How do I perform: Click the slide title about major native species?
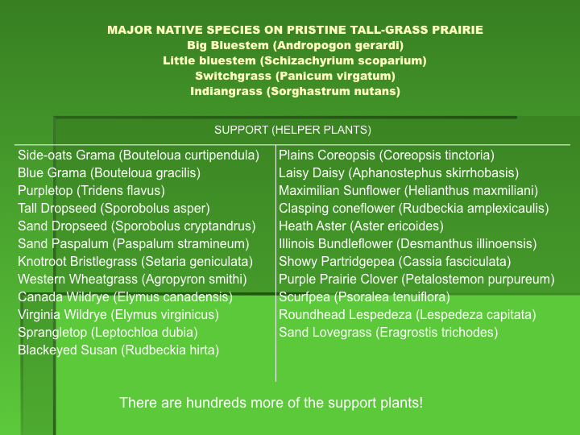(x=295, y=30)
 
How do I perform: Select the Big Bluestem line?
(x=295, y=45)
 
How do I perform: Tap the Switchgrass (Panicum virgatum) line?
(x=295, y=76)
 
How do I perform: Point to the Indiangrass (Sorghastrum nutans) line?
(x=295, y=91)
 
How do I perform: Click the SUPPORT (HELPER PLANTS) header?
(x=292, y=130)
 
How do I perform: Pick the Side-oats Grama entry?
(x=139, y=155)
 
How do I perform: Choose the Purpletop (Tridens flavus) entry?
(x=91, y=191)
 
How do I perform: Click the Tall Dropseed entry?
(x=114, y=209)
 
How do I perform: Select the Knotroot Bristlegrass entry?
(x=135, y=262)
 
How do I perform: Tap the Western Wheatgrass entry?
(x=132, y=280)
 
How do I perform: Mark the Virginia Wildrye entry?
(x=118, y=315)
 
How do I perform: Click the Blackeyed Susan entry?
(x=118, y=350)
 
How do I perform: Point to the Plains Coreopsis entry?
(x=387, y=155)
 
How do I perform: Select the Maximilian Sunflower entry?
(x=408, y=190)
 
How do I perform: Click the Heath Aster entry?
(x=361, y=226)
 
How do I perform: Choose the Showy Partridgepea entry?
(x=395, y=262)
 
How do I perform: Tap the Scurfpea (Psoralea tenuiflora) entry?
(x=364, y=297)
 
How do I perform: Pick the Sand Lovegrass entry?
(x=388, y=333)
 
